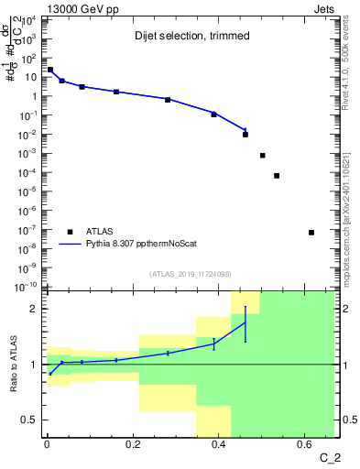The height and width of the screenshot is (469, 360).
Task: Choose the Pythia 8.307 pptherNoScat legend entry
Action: (x=147, y=245)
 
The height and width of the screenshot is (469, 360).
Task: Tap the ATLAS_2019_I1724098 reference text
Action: (x=191, y=274)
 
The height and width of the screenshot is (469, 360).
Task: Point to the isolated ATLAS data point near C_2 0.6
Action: (x=311, y=233)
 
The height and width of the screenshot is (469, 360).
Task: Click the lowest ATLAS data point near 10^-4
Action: (x=277, y=176)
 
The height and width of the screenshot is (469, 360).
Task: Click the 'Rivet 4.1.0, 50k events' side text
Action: (x=351, y=64)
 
